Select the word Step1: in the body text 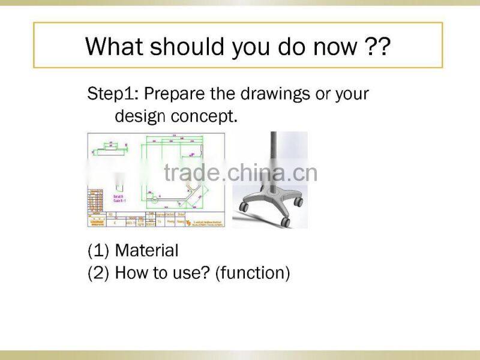coord(113,94)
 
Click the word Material coord(146,251)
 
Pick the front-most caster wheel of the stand coord(285,222)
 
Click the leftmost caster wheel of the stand coord(244,207)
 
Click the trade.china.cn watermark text coord(240,172)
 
